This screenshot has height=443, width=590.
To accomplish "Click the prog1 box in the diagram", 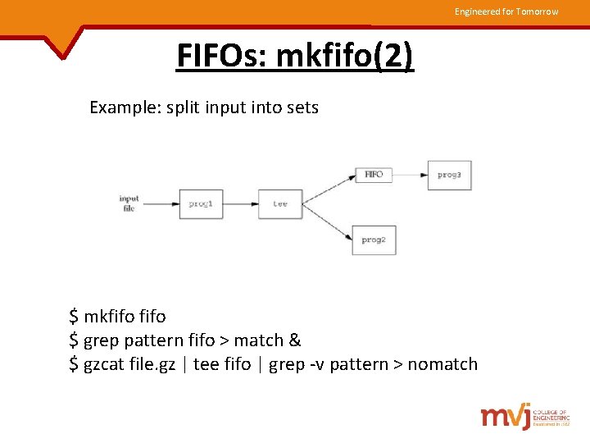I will pos(201,203).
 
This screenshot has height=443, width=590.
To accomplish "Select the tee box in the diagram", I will pos(280,203).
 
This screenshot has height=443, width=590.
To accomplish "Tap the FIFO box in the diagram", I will pos(374,175).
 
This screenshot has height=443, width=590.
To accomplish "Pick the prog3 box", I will pos(450,175).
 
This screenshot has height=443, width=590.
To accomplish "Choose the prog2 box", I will pos(374,240).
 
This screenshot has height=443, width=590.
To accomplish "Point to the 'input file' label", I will pos(129,203).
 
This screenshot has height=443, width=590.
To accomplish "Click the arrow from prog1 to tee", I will pos(240,203).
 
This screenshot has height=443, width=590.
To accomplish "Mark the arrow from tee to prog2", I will pos(327,222).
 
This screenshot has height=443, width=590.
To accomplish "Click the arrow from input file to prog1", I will pos(161,203).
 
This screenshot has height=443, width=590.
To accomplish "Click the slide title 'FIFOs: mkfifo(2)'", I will pos(295,57).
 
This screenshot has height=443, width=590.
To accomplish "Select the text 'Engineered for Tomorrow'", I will pos(506,11).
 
